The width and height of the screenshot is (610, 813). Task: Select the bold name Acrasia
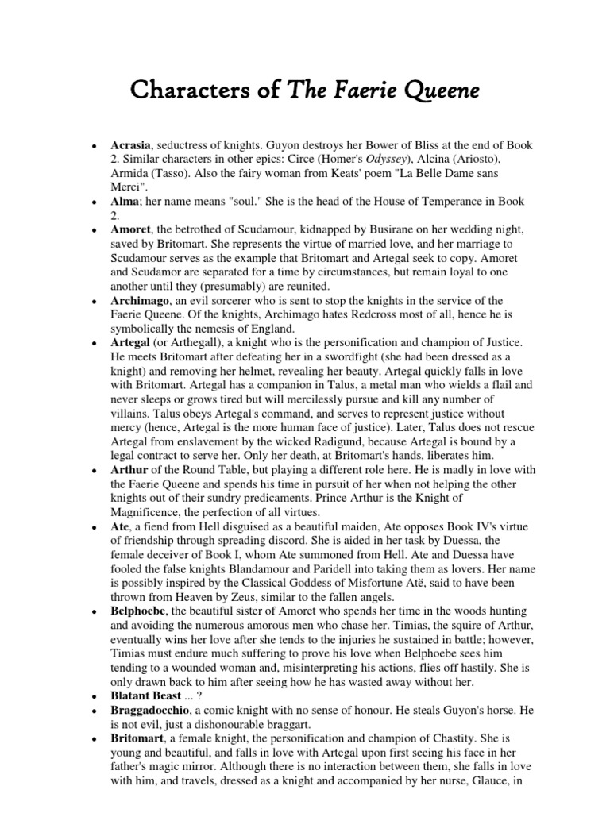(131, 146)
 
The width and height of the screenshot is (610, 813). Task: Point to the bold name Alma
(125, 202)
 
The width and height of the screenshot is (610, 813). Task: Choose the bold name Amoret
(131, 229)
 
